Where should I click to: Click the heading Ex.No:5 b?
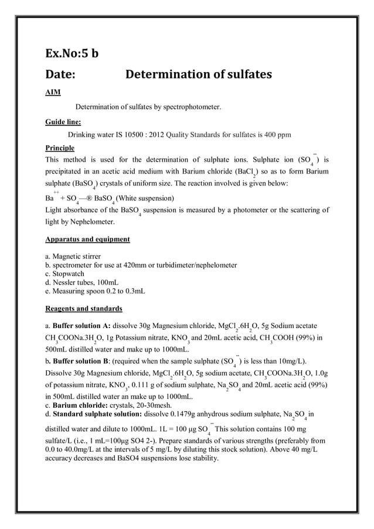[72, 54]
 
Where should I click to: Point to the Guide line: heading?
[63, 122]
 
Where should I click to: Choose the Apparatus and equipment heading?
[87, 239]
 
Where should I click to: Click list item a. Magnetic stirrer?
[73, 257]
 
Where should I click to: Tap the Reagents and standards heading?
[83, 308]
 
